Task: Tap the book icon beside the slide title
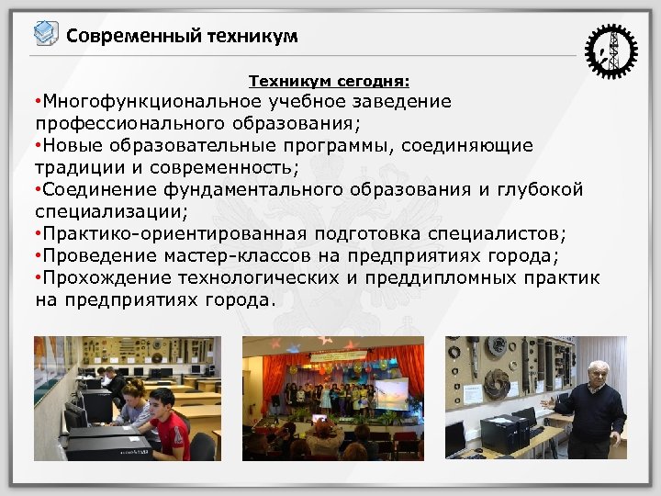(x=45, y=35)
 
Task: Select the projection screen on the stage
(x=387, y=390)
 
